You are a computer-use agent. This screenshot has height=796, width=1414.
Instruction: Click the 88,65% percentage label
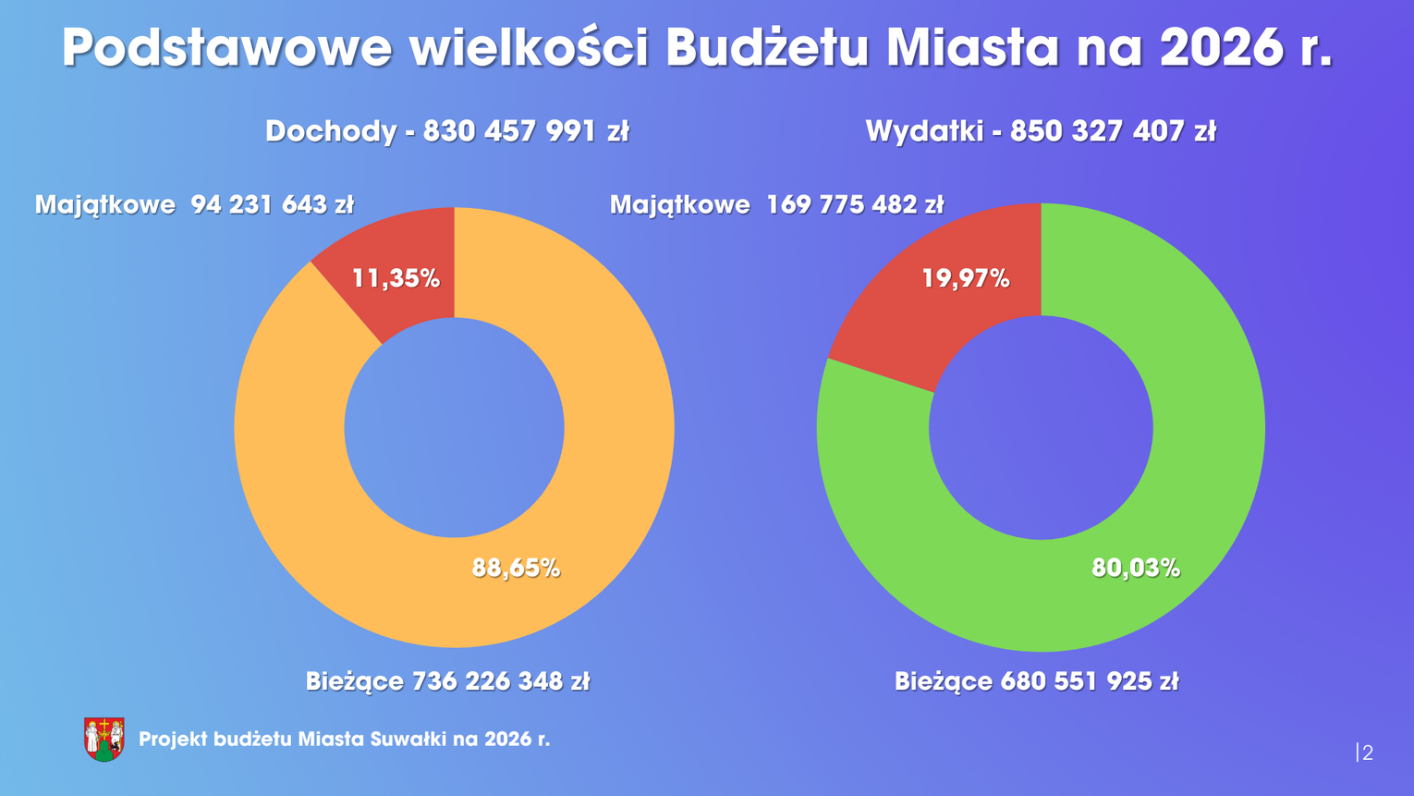click(516, 568)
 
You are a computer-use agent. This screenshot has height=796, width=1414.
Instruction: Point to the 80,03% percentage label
click(1136, 568)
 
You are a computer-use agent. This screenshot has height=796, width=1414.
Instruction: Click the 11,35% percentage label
click(396, 278)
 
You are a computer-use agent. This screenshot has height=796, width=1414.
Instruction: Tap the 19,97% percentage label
click(966, 278)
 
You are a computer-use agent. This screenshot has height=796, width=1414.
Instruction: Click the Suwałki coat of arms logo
click(104, 739)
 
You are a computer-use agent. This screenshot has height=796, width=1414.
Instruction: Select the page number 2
click(1367, 753)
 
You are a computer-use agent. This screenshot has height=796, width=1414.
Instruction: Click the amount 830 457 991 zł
click(526, 131)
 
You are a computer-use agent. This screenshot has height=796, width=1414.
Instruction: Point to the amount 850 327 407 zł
click(1113, 131)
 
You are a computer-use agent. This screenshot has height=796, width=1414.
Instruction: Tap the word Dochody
click(331, 131)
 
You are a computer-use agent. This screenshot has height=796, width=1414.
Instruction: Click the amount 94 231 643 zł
click(273, 204)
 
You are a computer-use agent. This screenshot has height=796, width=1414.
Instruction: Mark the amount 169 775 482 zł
click(855, 204)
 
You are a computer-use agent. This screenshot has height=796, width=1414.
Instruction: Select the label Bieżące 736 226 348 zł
click(447, 681)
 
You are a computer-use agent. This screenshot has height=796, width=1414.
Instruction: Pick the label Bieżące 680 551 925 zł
click(1036, 681)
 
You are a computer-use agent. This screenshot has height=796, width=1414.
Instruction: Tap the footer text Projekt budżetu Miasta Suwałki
click(344, 739)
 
